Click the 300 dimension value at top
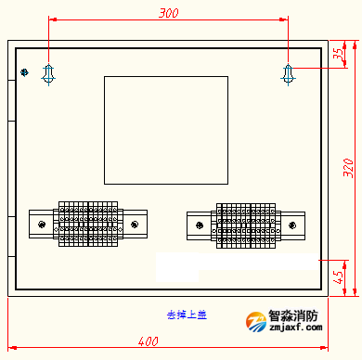pos(169,13)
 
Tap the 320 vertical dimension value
pos(348,167)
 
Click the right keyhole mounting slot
pos(289,73)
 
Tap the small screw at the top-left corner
pos(25,72)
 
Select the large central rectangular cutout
pos(165,130)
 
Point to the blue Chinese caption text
pos(187,315)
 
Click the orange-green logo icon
pos(254,321)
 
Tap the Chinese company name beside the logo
pos(294,315)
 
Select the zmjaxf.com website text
pos(294,328)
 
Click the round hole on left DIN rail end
pos(42,224)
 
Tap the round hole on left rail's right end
pos(135,224)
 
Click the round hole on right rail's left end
pos(199,224)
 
